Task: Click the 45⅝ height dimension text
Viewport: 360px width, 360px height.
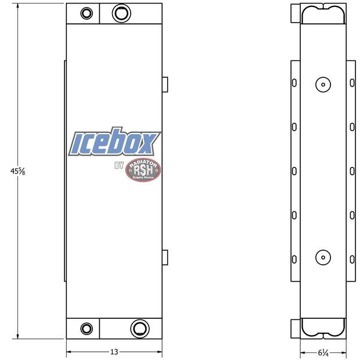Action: (17, 171)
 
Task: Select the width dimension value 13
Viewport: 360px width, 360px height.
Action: (114, 352)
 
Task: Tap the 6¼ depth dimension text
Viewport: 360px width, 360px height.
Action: (323, 352)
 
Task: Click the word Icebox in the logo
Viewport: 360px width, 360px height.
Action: (114, 143)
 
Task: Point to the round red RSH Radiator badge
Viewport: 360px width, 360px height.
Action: (143, 169)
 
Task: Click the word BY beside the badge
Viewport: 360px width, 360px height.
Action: (119, 167)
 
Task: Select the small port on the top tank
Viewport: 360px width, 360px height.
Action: (87, 13)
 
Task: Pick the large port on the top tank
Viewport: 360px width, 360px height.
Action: (121, 13)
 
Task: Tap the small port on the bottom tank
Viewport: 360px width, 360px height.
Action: (87, 328)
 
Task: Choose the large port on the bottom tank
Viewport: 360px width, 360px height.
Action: (139, 328)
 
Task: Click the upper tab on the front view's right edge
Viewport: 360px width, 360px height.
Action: (165, 84)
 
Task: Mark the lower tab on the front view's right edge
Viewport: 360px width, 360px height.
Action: (165, 256)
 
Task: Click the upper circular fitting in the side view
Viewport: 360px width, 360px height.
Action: (323, 85)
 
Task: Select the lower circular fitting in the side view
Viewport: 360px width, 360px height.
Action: (323, 257)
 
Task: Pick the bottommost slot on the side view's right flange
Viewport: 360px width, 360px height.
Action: (352, 258)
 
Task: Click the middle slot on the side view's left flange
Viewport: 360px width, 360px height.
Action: (294, 171)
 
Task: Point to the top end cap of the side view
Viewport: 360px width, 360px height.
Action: (323, 14)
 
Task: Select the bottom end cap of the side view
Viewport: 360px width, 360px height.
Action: (323, 328)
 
